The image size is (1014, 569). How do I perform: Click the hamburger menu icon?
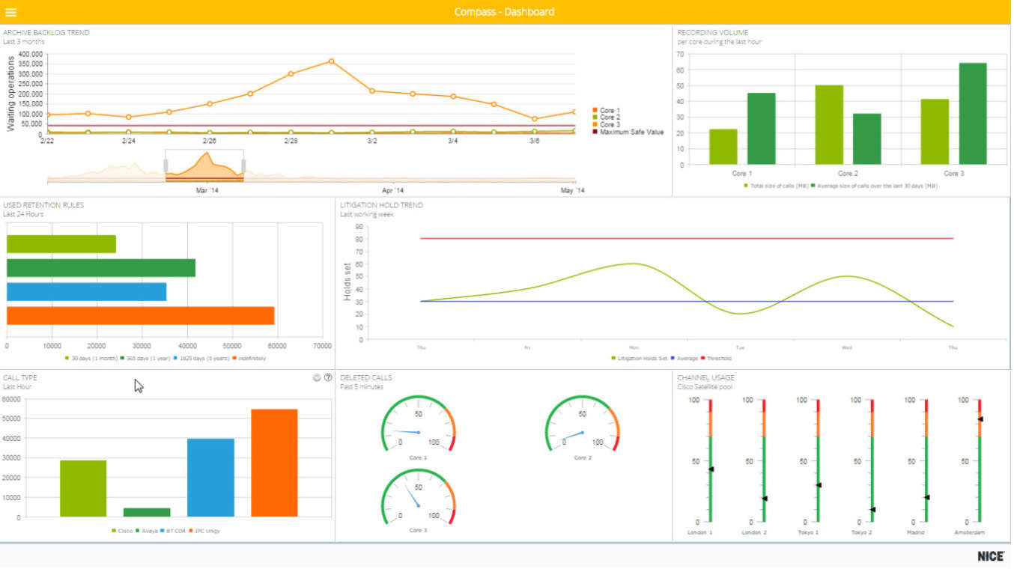pyautogui.click(x=10, y=12)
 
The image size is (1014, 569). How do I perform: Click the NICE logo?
pyautogui.click(x=991, y=556)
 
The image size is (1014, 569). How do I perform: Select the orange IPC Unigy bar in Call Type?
pyautogui.click(x=274, y=463)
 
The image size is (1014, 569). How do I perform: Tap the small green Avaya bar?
pyautogui.click(x=147, y=512)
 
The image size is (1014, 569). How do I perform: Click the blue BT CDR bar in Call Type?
pyautogui.click(x=210, y=478)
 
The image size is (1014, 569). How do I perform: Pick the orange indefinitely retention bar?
pyautogui.click(x=140, y=315)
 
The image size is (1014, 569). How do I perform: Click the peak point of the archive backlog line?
pyautogui.click(x=331, y=61)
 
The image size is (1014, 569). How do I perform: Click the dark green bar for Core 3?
pyautogui.click(x=972, y=114)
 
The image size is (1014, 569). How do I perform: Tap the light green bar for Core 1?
pyautogui.click(x=723, y=147)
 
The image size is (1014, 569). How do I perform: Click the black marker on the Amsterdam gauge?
pyautogui.click(x=980, y=419)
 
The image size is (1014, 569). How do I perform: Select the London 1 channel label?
pyautogui.click(x=700, y=533)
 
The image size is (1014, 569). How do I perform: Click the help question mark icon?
pyautogui.click(x=328, y=378)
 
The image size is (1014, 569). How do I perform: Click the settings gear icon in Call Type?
pyautogui.click(x=317, y=378)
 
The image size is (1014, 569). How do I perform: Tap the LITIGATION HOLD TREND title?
pyautogui.click(x=381, y=205)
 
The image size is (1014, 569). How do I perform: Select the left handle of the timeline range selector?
pyautogui.click(x=166, y=165)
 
